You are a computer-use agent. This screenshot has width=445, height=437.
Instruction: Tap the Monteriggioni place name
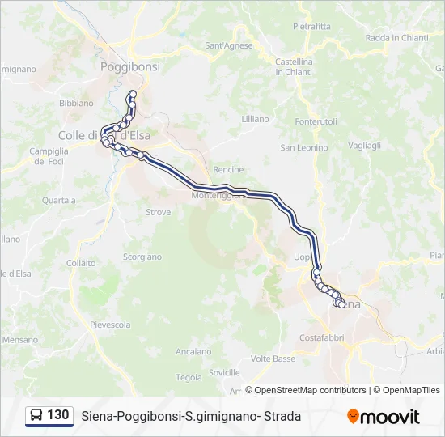[x=217, y=196]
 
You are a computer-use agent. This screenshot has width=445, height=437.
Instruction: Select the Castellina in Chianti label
[x=294, y=66]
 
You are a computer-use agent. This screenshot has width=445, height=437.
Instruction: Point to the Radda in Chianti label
[x=397, y=37]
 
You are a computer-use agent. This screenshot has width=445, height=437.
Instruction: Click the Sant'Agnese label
[x=229, y=45]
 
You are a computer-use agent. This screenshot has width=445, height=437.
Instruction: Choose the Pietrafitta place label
[x=311, y=26]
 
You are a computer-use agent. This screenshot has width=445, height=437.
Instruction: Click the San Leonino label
[x=304, y=148]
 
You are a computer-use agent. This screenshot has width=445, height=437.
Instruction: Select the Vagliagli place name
[x=364, y=145]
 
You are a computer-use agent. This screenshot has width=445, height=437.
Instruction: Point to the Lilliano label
[x=255, y=119]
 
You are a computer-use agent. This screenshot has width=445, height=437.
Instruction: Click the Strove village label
[x=159, y=212]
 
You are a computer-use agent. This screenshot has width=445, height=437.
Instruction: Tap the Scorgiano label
[x=142, y=257]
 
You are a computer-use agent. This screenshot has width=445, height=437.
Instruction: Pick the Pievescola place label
[x=110, y=325]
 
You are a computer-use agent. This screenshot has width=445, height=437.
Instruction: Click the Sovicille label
[x=224, y=372]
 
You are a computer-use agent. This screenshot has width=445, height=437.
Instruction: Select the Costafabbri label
[x=323, y=337]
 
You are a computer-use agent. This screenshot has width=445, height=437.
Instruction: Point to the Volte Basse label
[x=273, y=359]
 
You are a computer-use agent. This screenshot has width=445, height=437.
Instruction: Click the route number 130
[x=58, y=415]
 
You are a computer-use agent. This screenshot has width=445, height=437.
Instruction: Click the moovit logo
[x=384, y=417]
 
